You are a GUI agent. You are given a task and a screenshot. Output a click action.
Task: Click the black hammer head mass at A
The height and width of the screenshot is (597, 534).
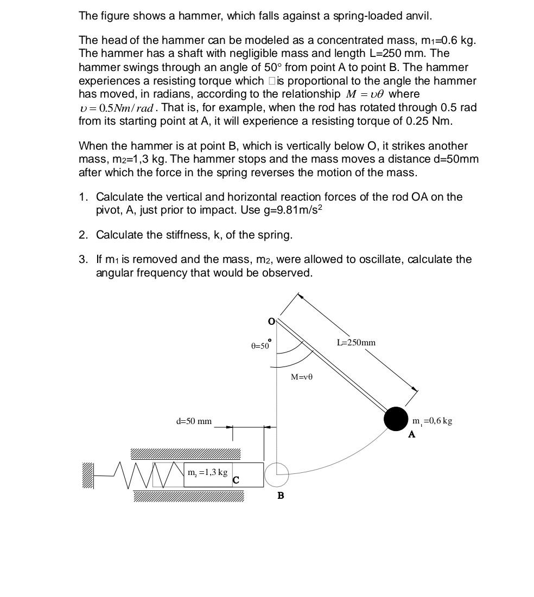coord(396,419)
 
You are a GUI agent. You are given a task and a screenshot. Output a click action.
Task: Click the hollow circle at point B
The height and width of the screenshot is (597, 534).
coord(276,474)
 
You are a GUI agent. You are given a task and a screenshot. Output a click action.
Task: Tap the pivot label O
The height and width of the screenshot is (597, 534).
coord(271,322)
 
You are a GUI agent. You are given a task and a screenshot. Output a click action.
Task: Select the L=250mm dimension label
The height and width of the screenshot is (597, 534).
coord(356,343)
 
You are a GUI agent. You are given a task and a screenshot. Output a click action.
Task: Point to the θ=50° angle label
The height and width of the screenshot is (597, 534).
coord(260,345)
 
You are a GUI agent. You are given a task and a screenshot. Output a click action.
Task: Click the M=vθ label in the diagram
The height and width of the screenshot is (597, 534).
coord(302,377)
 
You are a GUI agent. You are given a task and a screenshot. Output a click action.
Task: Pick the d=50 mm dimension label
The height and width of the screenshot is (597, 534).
coord(194,421)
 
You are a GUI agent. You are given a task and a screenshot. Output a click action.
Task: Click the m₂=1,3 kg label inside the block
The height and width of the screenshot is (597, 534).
coord(207,472)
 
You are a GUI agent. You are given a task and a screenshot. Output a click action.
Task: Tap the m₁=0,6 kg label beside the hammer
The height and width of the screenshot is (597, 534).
coord(432,421)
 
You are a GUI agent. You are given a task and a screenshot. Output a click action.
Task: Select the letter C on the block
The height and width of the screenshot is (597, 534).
coord(236,480)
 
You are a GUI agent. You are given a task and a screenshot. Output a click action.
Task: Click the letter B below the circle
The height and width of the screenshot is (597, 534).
coord(281,496)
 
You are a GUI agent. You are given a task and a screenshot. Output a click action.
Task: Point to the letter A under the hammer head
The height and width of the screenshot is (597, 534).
coord(411,434)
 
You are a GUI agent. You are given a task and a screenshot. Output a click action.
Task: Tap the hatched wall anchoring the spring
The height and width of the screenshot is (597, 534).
coord(88,475)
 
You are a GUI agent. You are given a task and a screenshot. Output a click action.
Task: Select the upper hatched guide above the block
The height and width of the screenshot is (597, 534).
coord(185,454)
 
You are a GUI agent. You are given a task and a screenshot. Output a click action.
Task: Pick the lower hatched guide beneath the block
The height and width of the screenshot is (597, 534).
coord(188,496)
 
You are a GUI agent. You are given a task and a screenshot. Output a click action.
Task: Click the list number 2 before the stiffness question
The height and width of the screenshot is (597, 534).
coord(83,235)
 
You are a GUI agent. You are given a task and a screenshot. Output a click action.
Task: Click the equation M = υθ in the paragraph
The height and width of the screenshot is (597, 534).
coord(366,94)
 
